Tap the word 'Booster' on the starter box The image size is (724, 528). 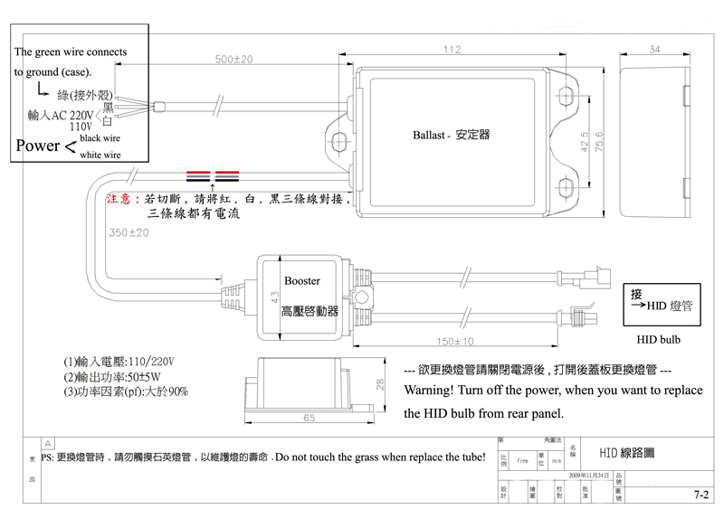(302, 281)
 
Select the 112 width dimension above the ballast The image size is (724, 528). (452, 49)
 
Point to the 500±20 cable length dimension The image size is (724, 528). (234, 59)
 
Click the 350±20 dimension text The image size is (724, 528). (129, 232)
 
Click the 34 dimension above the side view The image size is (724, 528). (654, 49)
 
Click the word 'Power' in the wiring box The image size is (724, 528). (37, 146)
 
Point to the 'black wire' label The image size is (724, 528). (100, 138)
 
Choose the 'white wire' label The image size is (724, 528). (100, 156)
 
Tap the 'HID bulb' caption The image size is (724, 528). (658, 340)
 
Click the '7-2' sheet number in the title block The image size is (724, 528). (700, 495)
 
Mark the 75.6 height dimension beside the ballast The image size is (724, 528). (598, 143)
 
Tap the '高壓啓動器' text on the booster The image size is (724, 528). (309, 311)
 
